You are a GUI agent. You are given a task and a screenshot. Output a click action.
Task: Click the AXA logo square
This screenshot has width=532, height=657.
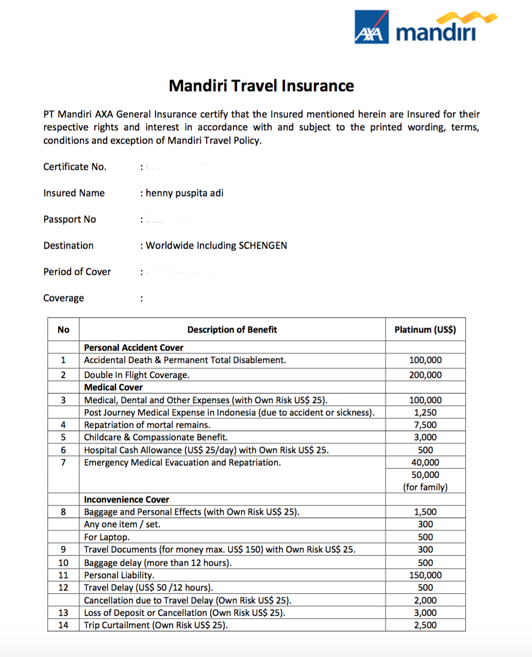[x=371, y=27]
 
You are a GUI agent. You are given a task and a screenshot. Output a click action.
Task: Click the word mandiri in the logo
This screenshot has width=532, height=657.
[x=436, y=32]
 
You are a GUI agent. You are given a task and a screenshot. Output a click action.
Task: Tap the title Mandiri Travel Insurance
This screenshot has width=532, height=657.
[x=261, y=85]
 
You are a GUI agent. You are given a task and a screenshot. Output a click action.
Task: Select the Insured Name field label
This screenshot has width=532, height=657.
[x=74, y=193]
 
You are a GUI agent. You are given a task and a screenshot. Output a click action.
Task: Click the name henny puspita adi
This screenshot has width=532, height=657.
[x=185, y=193]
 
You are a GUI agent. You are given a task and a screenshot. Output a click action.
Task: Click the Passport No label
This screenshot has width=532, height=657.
[x=70, y=219]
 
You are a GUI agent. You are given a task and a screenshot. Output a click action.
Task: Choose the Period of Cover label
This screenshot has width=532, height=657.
[x=77, y=272]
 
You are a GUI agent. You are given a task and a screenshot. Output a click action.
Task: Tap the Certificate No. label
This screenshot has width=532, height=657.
[x=75, y=167]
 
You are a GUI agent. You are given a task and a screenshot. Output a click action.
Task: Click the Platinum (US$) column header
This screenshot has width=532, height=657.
[x=425, y=330]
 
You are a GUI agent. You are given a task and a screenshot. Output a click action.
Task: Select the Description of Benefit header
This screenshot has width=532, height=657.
[x=232, y=330]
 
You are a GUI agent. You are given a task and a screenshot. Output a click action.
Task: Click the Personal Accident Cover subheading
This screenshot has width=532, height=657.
[x=134, y=348]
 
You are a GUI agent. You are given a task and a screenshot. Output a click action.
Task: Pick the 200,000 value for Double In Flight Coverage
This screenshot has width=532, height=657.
[x=425, y=375]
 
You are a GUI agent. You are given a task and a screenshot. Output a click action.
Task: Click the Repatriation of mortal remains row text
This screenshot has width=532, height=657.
[x=147, y=425]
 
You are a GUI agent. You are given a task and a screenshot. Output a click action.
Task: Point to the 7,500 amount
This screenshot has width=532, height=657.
[x=425, y=425]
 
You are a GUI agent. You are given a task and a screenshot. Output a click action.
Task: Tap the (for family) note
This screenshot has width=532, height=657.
[x=425, y=487]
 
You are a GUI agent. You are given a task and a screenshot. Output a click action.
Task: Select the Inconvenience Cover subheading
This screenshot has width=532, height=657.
[x=126, y=499]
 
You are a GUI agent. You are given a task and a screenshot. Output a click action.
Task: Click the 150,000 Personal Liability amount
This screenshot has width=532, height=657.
[x=425, y=575]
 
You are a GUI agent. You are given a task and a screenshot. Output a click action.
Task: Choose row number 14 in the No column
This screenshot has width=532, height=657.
[x=63, y=625]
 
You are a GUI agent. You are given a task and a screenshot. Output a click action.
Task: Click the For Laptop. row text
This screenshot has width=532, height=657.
[x=107, y=537]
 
